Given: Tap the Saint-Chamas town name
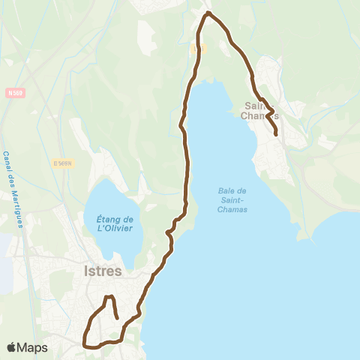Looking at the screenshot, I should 262,111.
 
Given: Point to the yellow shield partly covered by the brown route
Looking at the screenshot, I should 196,47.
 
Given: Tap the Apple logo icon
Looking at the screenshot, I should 12,347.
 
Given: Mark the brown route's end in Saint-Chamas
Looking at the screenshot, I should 276,134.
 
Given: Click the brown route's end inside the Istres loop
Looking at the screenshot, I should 118,318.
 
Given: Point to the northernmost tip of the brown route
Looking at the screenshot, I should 208,13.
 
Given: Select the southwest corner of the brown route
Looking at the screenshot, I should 84,346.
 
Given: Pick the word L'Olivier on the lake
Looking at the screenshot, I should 115,228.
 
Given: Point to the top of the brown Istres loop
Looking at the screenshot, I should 109,298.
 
